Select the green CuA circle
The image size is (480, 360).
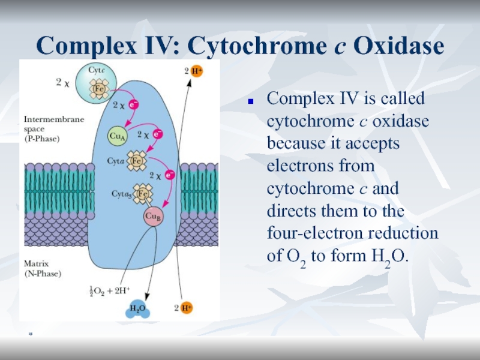pyautogui.click(x=117, y=136)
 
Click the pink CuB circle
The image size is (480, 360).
pyautogui.click(x=152, y=217)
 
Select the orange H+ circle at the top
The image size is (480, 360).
pyautogui.click(x=195, y=72)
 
